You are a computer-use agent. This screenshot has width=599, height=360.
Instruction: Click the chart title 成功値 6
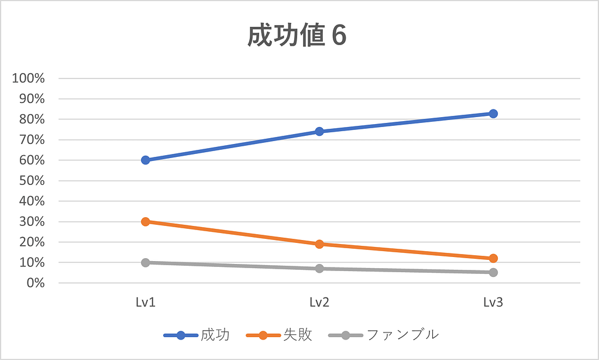pos(297,36)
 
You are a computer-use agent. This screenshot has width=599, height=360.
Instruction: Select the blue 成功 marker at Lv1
pos(146,160)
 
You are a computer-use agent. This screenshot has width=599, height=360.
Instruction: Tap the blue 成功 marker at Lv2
pos(319,131)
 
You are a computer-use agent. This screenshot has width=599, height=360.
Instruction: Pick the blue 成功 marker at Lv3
pos(493,114)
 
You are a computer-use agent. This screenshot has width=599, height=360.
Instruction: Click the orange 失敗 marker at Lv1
pos(146,221)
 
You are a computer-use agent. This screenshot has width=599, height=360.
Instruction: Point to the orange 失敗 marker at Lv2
pos(319,244)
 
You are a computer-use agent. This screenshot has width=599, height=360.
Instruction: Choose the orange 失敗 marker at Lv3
pos(493,258)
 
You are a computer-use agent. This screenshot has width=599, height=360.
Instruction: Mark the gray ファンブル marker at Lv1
pos(146,262)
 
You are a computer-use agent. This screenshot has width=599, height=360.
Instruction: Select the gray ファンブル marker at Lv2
pos(319,269)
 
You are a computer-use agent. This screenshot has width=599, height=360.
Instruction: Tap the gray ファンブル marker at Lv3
pos(493,272)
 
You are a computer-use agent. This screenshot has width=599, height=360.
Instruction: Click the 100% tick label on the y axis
pos(29,78)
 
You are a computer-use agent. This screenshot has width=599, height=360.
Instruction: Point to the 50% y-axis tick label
pos(32,181)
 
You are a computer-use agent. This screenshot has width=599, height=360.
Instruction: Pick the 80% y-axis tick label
pos(32,119)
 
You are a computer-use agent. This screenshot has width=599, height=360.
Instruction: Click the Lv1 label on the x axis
pos(146,303)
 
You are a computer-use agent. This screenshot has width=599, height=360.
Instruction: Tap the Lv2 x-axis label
pos(319,303)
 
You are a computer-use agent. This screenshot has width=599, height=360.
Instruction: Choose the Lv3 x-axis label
pos(493,303)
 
